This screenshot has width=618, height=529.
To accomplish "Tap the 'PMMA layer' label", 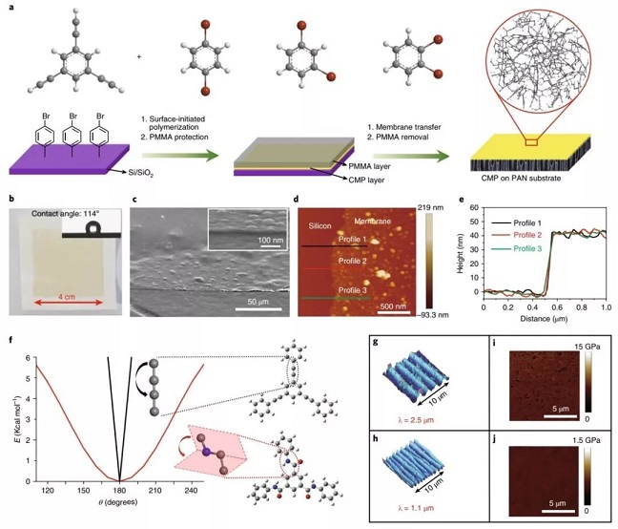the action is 369,166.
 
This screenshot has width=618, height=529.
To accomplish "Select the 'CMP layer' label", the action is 366,180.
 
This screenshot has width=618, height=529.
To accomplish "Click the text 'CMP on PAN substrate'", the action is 521,179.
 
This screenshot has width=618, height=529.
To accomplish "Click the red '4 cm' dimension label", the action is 67,297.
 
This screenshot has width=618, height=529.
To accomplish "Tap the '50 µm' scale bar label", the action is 257,302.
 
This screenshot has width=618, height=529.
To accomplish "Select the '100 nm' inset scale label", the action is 271,240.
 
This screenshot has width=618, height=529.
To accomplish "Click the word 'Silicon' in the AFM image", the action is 319,226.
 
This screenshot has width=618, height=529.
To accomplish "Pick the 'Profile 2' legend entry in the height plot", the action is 527,235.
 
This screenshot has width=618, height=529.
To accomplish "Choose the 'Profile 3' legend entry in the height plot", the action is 527,248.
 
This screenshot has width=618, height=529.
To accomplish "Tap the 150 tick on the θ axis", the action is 83,491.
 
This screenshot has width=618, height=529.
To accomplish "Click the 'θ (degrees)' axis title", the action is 118,502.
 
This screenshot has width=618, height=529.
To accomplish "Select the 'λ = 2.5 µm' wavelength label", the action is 416,420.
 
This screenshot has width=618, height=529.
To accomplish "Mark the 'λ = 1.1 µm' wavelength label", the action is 416,507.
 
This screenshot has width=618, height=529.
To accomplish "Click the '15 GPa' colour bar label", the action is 587,347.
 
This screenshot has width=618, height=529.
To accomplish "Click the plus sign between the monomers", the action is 139,56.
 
